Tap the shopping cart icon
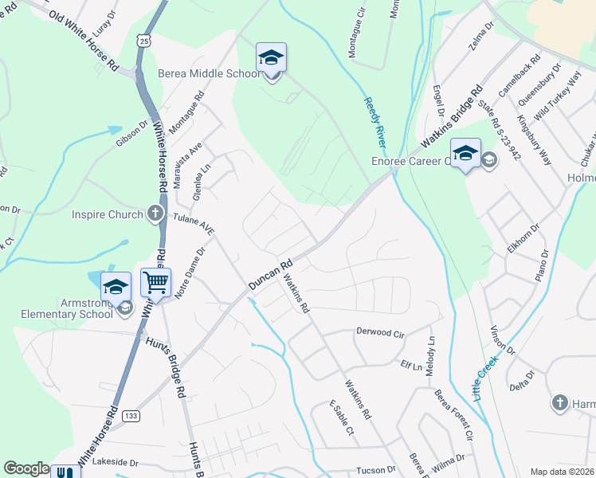155,282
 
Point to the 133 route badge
131,415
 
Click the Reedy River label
374,121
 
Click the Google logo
26,468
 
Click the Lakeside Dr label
115,462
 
